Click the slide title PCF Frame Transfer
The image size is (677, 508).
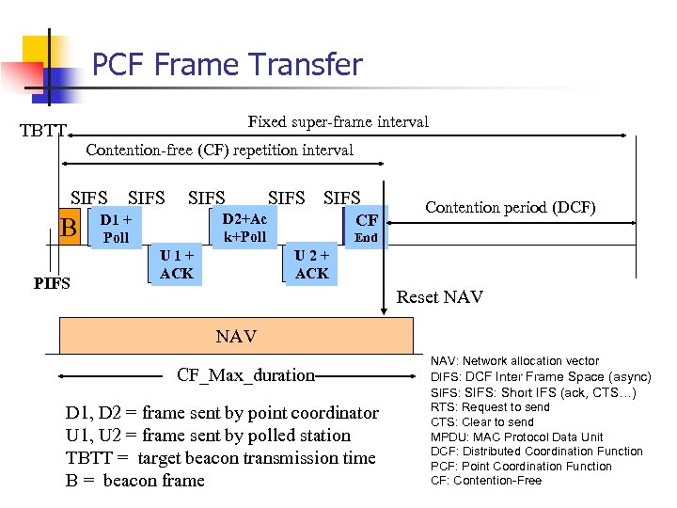pyautogui.click(x=227, y=64)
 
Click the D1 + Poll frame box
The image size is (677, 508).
pyautogui.click(x=117, y=228)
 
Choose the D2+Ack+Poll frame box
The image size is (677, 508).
pyautogui.click(x=244, y=228)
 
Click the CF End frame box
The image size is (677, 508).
pyautogui.click(x=366, y=228)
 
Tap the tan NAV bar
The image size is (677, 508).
pyautogui.click(x=235, y=336)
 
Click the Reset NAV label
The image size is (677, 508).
pyautogui.click(x=439, y=297)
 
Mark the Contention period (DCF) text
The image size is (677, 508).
pyautogui.click(x=511, y=207)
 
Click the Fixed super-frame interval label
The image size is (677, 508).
pyautogui.click(x=338, y=121)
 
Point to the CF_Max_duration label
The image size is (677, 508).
pyautogui.click(x=245, y=375)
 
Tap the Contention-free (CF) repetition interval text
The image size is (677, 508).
pyautogui.click(x=219, y=150)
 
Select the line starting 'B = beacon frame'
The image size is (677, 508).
pyautogui.click(x=134, y=481)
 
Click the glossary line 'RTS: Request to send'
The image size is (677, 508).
pyautogui.click(x=490, y=407)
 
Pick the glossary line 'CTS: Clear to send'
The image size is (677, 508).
pyautogui.click(x=481, y=422)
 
